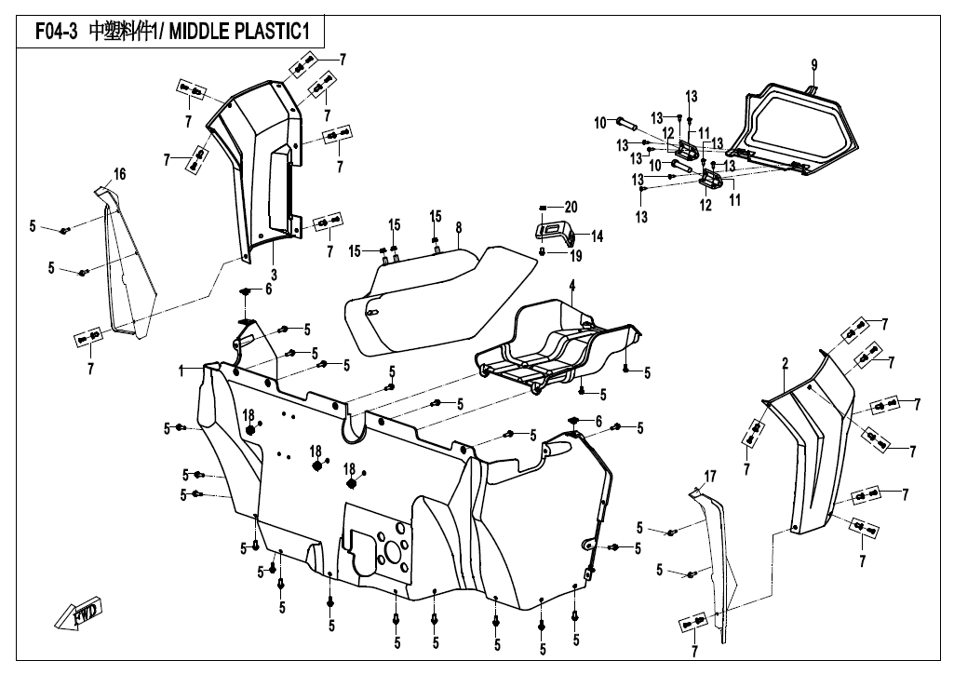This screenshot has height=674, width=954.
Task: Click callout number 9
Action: tap(813, 64)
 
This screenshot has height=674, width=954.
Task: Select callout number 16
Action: tap(119, 174)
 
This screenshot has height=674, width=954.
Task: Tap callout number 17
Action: tap(710, 477)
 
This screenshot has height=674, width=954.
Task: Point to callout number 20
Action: tap(571, 207)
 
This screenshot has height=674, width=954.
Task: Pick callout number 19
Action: tap(576, 254)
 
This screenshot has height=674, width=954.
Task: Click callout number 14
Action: tap(597, 236)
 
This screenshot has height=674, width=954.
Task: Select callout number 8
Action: tap(459, 227)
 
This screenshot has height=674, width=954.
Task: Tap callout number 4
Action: tap(572, 284)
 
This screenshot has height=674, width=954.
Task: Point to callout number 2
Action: tap(786, 361)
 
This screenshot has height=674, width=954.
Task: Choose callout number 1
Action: tap(183, 371)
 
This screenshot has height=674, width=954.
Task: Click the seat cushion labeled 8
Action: tap(437, 298)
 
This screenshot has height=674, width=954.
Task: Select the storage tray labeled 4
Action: tap(558, 344)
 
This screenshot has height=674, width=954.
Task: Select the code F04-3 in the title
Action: tap(56, 32)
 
